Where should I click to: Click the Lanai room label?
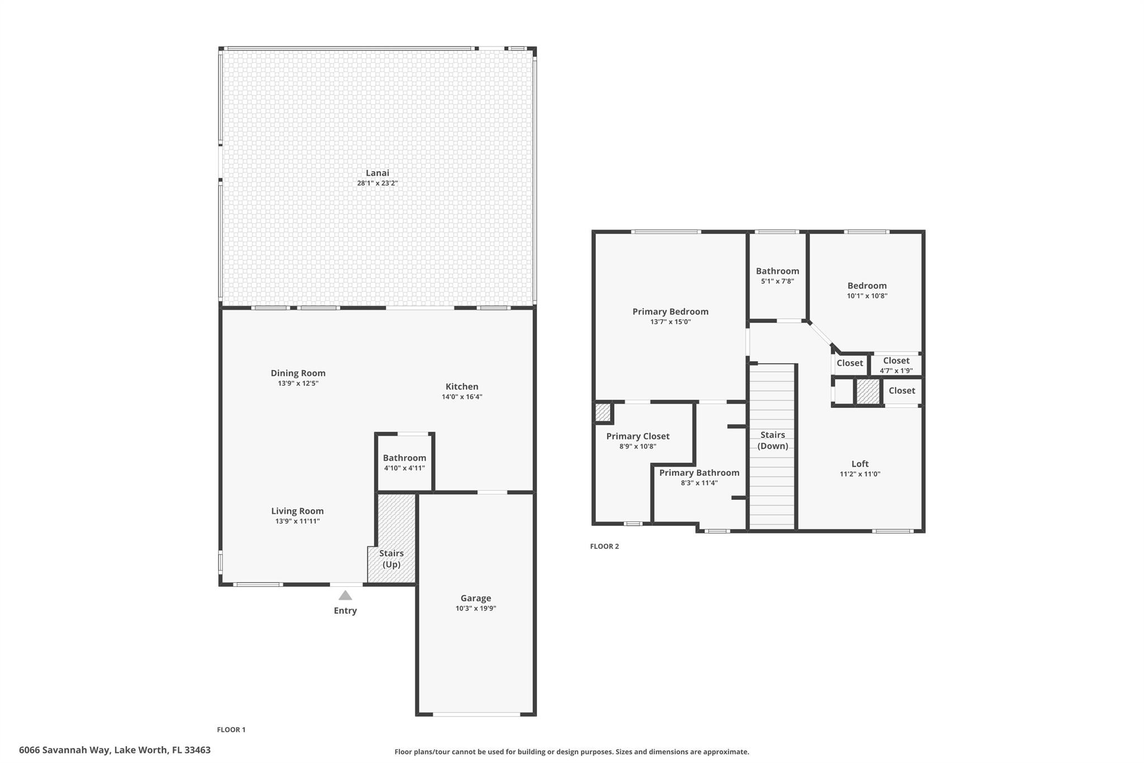tap(377, 173)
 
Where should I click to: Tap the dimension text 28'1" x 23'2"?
tap(377, 183)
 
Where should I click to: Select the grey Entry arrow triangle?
tap(345, 595)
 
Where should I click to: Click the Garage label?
tap(475, 598)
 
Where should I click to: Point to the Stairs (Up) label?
tap(391, 558)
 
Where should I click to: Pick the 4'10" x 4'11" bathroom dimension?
tap(404, 468)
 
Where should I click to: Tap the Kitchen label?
tap(461, 386)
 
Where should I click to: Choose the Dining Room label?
tap(298, 373)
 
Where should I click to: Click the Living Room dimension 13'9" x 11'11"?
tap(297, 521)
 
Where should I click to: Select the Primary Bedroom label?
tap(670, 311)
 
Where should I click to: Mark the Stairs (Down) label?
tap(773, 440)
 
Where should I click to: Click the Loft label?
tap(860, 463)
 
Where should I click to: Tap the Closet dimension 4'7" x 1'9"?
tap(896, 371)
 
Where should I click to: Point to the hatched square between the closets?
tap(867, 392)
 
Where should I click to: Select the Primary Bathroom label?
tap(699, 472)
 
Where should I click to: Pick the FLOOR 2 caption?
tap(604, 546)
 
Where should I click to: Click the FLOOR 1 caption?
tap(231, 729)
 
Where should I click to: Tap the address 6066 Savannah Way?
tap(115, 750)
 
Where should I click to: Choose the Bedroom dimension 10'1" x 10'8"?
tap(867, 296)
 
